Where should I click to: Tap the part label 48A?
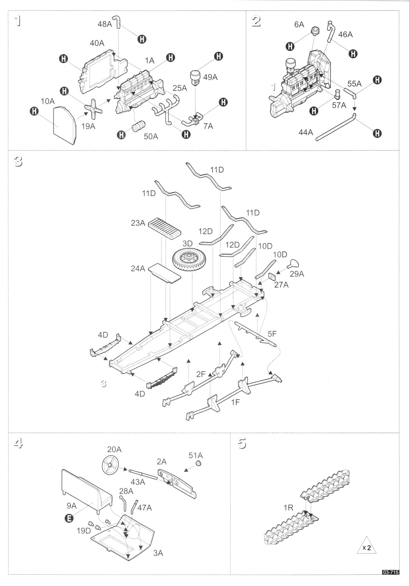(x=105, y=25)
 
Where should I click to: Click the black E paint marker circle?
(x=69, y=518)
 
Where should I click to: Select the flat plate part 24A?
(x=166, y=273)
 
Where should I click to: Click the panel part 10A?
(x=64, y=125)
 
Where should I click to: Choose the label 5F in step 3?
(x=272, y=333)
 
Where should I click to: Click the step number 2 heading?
(x=256, y=22)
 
